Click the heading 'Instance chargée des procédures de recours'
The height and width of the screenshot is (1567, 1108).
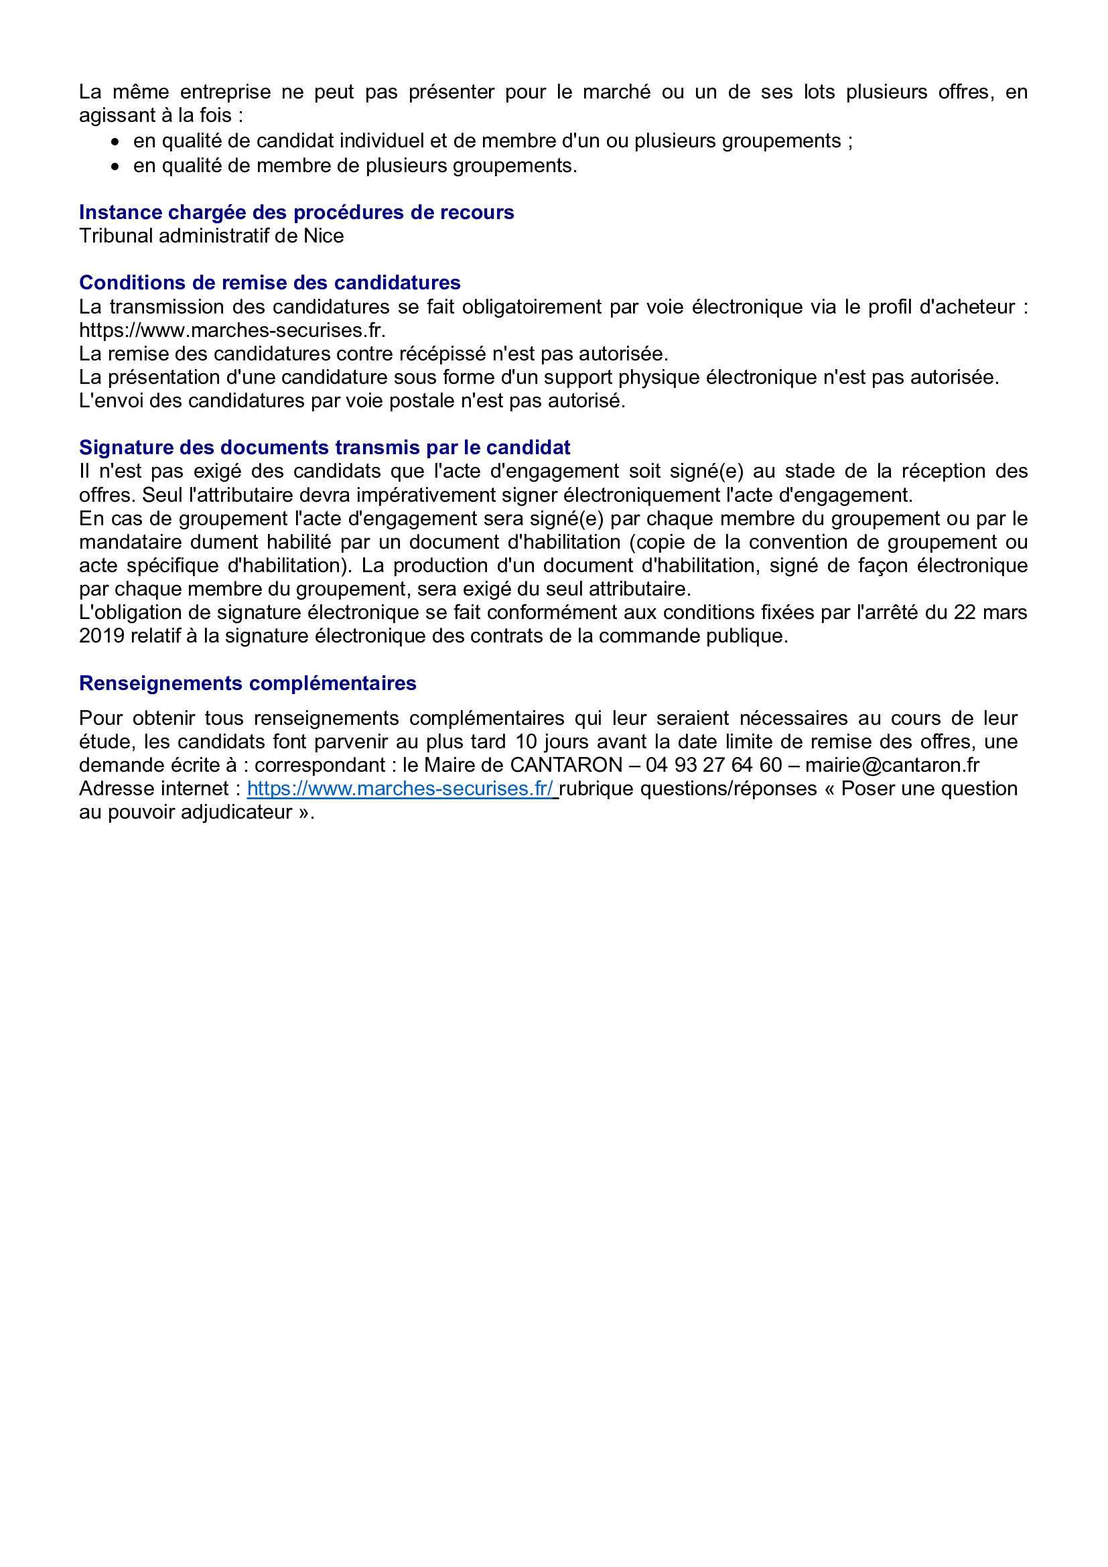point(296,212)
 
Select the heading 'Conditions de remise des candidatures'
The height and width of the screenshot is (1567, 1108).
point(269,283)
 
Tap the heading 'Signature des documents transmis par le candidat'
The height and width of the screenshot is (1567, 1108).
point(324,447)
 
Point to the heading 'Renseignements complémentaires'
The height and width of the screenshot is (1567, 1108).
point(248,683)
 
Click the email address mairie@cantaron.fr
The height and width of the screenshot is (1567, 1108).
point(892,765)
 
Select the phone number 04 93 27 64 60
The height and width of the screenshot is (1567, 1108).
point(713,765)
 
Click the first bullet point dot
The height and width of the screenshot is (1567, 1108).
point(116,142)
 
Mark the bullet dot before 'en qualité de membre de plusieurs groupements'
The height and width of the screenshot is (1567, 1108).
point(116,167)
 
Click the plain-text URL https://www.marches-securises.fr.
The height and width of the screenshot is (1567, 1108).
point(232,330)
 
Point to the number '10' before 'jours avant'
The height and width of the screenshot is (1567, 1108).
point(526,742)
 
